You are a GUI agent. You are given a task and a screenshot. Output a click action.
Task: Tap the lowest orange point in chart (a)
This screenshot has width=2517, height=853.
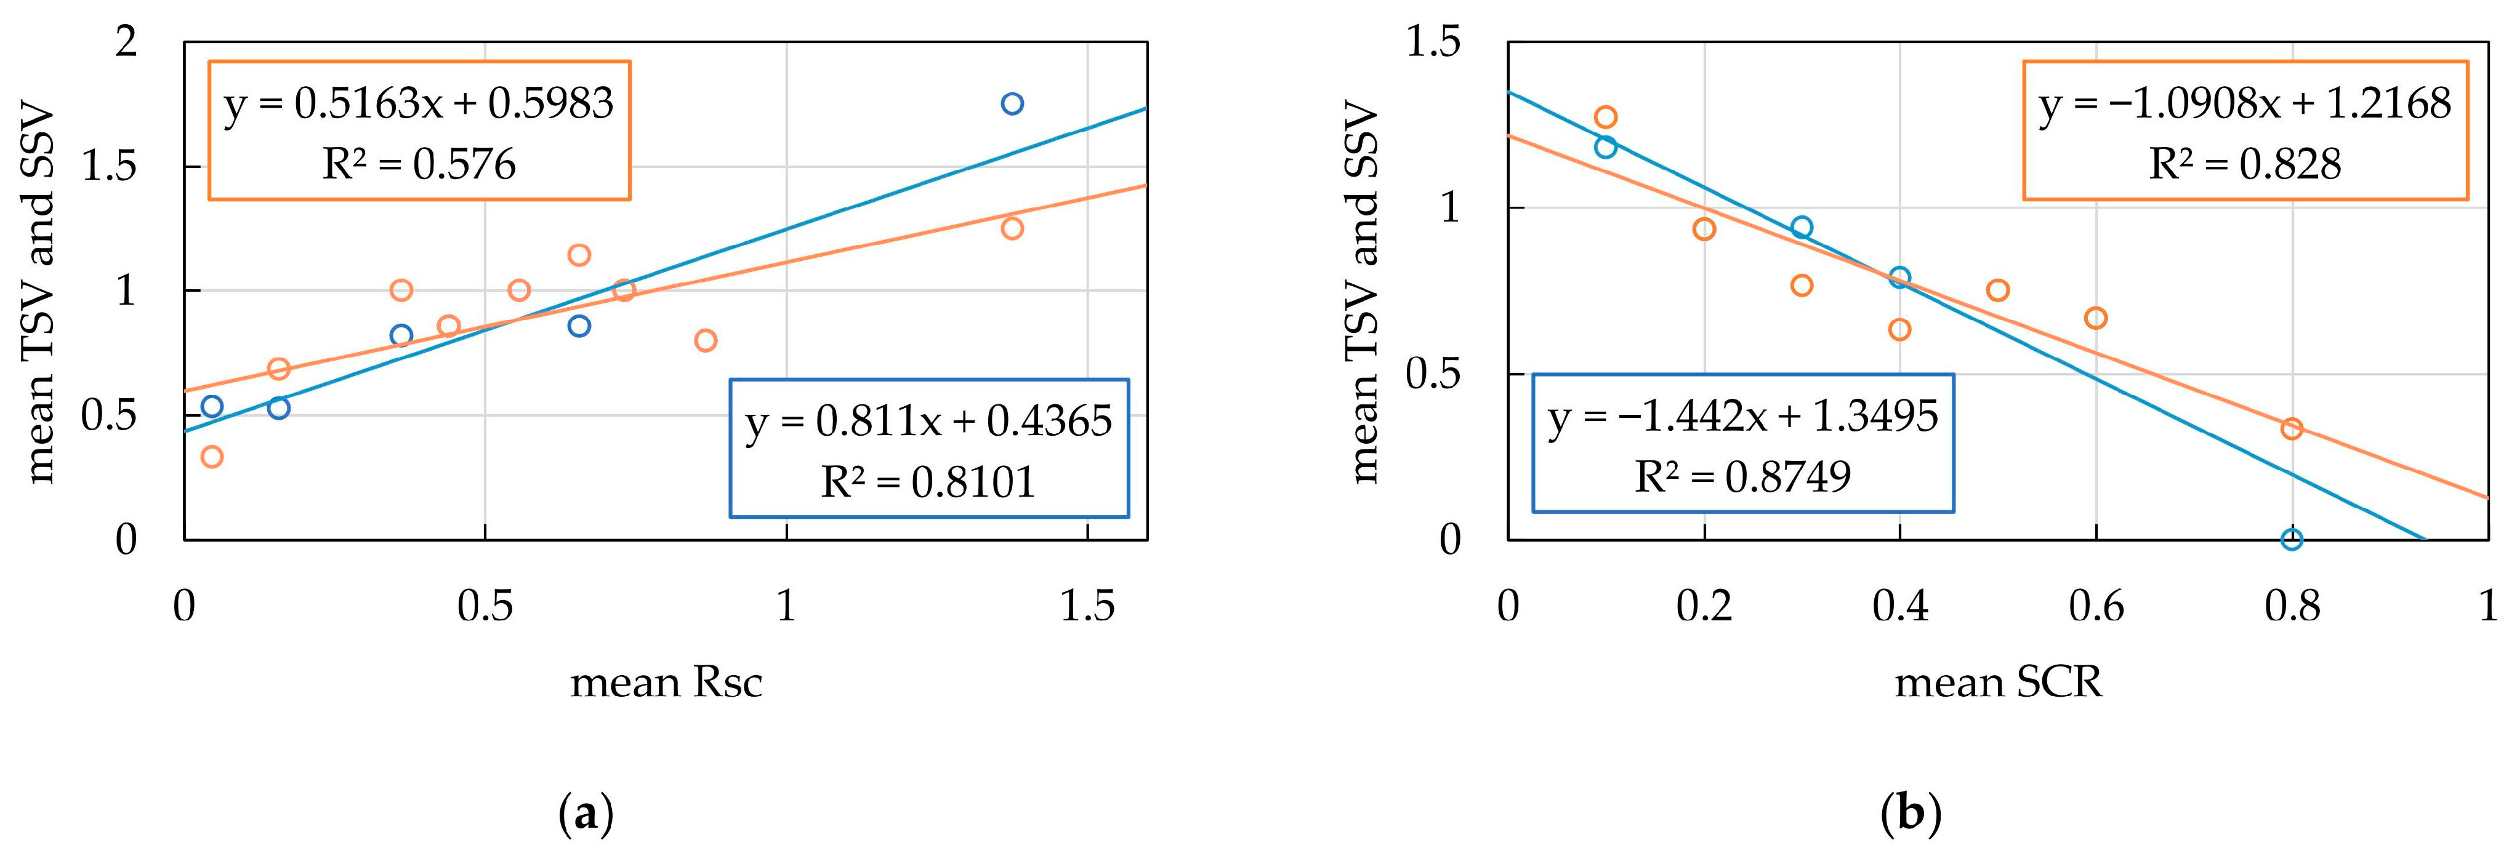tap(211, 456)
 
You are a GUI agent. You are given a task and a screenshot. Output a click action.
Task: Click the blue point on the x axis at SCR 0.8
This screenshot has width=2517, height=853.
tap(2291, 539)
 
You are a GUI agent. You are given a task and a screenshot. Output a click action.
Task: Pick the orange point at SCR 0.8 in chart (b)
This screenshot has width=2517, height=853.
tap(2291, 428)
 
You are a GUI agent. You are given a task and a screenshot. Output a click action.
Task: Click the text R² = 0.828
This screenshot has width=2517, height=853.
tap(2244, 164)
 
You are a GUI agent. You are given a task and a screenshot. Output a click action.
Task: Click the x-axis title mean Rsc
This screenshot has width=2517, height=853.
tap(666, 682)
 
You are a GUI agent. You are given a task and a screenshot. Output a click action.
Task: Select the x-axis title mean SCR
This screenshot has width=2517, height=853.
tap(1997, 682)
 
